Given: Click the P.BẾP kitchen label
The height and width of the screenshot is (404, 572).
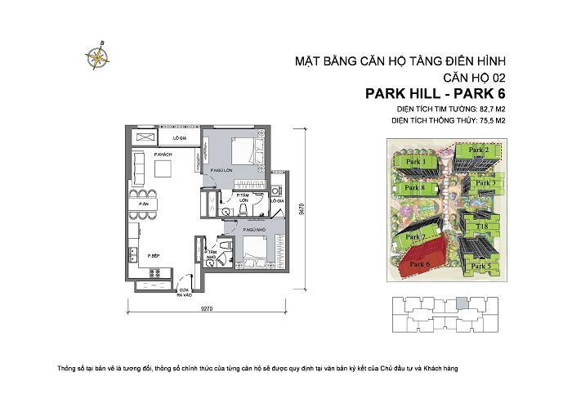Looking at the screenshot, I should [153, 256].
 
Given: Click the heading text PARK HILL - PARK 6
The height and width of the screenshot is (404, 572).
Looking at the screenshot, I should [436, 93].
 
